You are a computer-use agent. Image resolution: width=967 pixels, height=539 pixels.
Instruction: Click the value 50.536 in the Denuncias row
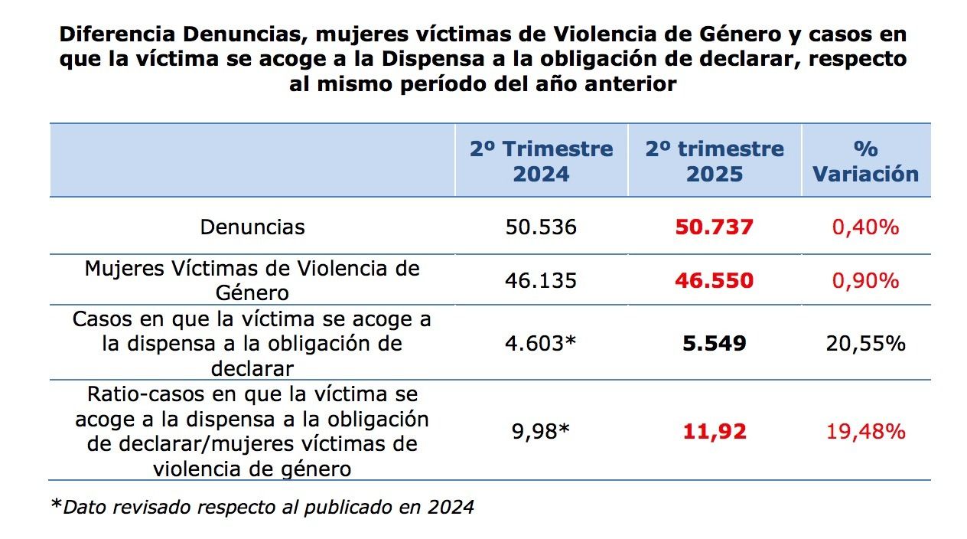pos(541,227)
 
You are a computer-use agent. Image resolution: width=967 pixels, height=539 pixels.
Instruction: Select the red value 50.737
pos(714,227)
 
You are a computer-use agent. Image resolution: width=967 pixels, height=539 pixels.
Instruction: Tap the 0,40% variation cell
pos(866,227)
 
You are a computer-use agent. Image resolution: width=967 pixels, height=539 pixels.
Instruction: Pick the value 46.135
pos(541,280)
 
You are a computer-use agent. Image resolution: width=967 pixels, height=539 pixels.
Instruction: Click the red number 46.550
pos(714,280)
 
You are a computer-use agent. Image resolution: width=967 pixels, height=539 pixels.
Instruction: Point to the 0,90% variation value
pos(866,280)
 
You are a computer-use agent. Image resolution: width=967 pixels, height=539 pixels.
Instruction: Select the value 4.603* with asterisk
pos(541,343)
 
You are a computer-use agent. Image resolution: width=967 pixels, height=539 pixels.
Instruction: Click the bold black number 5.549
pos(714,343)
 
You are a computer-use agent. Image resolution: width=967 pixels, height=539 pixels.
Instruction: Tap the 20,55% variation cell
pos(866,343)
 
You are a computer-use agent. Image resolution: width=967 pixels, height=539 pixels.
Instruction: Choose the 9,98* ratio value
pos(541,431)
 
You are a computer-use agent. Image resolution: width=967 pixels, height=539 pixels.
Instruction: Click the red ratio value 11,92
pos(714,431)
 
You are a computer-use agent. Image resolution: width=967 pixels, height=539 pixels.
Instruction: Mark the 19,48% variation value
pos(866,431)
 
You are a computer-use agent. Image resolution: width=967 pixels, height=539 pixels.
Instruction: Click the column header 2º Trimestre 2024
pos(541,161)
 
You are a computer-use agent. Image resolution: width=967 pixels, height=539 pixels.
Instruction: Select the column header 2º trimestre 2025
pos(714,161)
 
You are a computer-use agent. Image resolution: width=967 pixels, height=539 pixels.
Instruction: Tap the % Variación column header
pos(866,161)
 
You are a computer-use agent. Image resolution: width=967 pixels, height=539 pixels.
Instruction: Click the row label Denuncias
pos(252,227)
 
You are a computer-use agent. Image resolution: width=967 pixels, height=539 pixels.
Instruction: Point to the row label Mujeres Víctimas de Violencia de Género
pos(252,280)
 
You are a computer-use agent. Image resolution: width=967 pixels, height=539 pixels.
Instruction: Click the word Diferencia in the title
pos(116,34)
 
